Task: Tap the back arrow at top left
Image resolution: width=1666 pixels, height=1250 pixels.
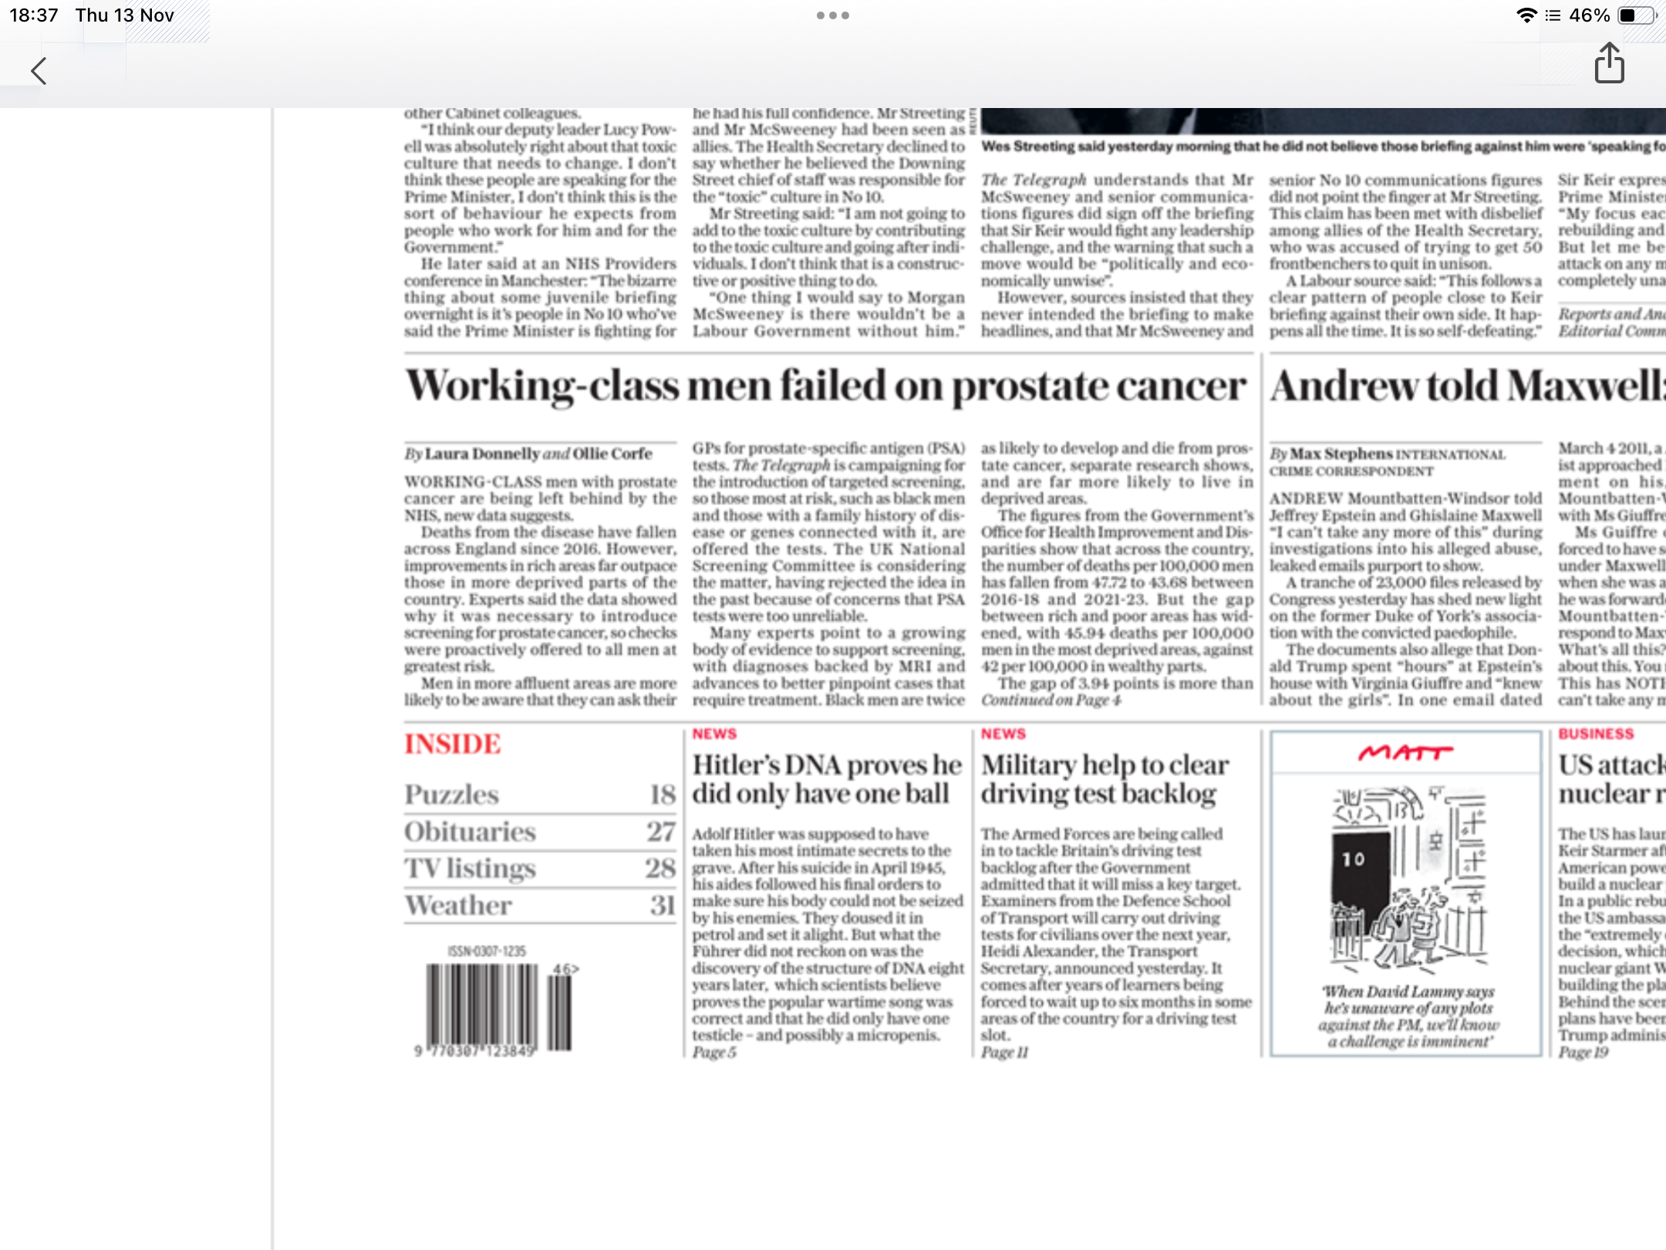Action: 39,71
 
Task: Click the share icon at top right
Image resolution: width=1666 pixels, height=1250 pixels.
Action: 1609,63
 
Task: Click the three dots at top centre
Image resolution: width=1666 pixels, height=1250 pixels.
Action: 833,15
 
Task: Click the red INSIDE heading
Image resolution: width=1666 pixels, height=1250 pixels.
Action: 453,744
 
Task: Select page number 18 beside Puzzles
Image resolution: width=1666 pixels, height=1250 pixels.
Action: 662,795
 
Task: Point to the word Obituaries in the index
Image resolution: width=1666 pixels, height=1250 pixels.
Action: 470,832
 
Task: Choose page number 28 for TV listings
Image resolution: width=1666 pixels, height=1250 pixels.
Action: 660,869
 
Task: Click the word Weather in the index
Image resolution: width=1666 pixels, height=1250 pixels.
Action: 458,906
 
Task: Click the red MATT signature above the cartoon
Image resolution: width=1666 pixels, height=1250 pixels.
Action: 1405,752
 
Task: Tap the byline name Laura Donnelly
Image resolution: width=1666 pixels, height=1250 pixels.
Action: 482,454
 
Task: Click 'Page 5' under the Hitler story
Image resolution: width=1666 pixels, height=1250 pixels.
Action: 713,1052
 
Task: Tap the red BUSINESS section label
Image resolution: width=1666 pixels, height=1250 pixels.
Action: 1596,734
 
